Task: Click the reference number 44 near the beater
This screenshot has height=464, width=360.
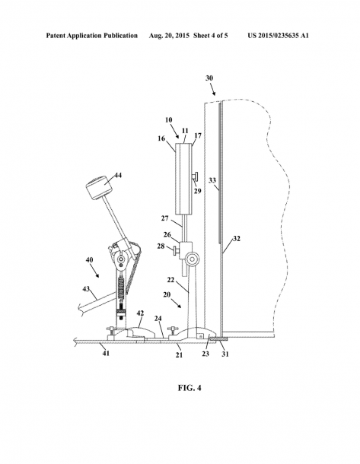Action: pos(118,176)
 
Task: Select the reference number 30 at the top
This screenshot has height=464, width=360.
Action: pos(209,78)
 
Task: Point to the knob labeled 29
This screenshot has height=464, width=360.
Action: pos(196,176)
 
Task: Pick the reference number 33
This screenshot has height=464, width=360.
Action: pos(212,180)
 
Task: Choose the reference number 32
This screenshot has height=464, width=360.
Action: pos(237,239)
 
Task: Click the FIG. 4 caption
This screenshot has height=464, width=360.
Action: pos(190,388)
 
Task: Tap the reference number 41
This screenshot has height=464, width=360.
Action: pos(106,353)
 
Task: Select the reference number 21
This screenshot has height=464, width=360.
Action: pos(179,354)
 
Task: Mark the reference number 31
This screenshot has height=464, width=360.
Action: pos(225,354)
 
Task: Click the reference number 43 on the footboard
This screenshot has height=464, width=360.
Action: pos(86,289)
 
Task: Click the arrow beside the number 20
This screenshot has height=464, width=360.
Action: pos(177,304)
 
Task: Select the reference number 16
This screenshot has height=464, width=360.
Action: pos(161,138)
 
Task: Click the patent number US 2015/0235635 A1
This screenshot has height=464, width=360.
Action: pos(278,36)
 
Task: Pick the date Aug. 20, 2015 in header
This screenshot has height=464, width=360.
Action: pos(169,36)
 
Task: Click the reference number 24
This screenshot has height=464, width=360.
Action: pos(158,319)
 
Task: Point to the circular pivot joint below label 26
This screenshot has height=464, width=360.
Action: pos(193,259)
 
